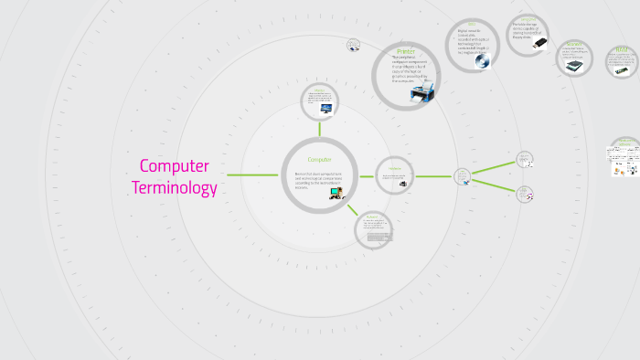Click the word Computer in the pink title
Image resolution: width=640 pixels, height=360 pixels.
pyautogui.click(x=174, y=166)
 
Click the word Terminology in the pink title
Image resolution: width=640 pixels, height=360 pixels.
pyautogui.click(x=174, y=188)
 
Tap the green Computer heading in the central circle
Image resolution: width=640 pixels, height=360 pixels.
pyautogui.click(x=319, y=160)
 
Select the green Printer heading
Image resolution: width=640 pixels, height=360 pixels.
pyautogui.click(x=406, y=52)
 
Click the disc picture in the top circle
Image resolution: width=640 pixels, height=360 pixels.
pyautogui.click(x=482, y=60)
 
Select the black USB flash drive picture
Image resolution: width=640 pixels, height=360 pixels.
pyautogui.click(x=539, y=43)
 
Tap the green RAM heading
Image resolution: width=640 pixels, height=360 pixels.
pyautogui.click(x=622, y=52)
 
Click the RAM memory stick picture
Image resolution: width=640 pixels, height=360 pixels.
pyautogui.click(x=622, y=69)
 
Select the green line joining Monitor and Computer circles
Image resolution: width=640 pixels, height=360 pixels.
pyautogui.click(x=319, y=128)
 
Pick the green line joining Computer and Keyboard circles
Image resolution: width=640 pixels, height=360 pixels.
pyautogui.click(x=353, y=209)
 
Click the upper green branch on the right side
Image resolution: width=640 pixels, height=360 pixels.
pyautogui.click(x=493, y=165)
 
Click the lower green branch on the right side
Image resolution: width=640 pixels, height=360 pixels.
pyautogui.click(x=493, y=183)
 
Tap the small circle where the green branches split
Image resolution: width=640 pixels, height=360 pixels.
pyautogui.click(x=463, y=175)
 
